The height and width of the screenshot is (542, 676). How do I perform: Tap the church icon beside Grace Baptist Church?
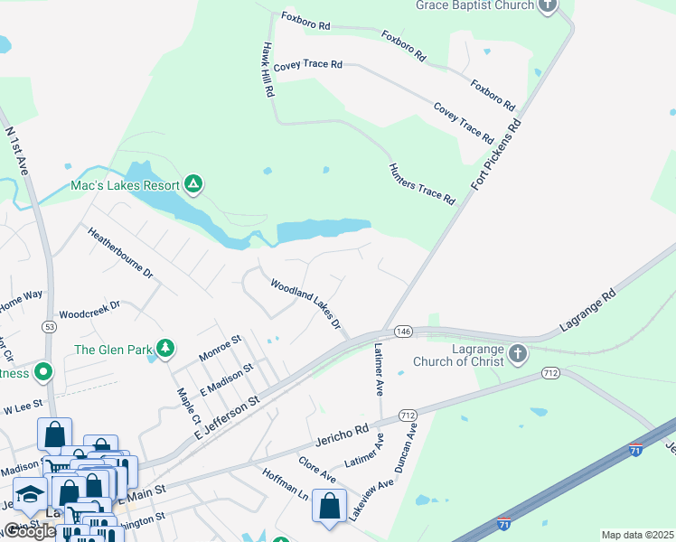(x=548, y=5)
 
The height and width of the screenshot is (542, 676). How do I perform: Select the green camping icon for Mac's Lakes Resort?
(x=192, y=185)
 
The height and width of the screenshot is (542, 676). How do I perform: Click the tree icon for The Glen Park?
(x=164, y=349)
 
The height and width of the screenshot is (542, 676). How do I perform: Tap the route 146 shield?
(x=403, y=332)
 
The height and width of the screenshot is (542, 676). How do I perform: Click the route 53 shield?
(x=50, y=325)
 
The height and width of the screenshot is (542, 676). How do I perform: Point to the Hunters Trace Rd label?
(x=421, y=184)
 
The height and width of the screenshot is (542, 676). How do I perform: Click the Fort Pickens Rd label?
(x=497, y=154)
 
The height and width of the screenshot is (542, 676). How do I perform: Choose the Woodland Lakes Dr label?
(x=305, y=304)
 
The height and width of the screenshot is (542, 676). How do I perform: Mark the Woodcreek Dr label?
(x=90, y=308)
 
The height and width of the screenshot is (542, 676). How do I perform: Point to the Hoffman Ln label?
(x=286, y=485)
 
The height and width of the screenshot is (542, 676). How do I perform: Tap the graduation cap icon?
(x=30, y=495)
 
